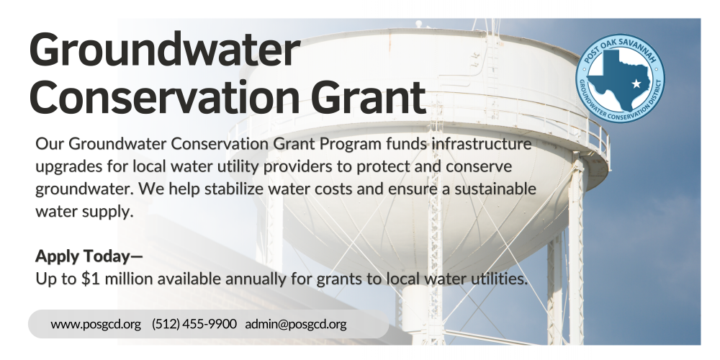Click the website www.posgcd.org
coord(96,324)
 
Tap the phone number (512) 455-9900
coord(194,324)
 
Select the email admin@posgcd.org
coord(296,324)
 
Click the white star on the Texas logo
coord(636,84)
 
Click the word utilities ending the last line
coord(497,278)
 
